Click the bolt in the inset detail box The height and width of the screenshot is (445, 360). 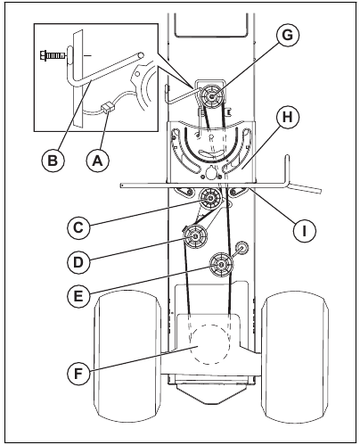coord(53,56)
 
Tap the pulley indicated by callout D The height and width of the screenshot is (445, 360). coord(194,235)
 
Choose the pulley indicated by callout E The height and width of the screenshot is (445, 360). coord(220,264)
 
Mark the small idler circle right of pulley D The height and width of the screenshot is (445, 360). coord(240,245)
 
